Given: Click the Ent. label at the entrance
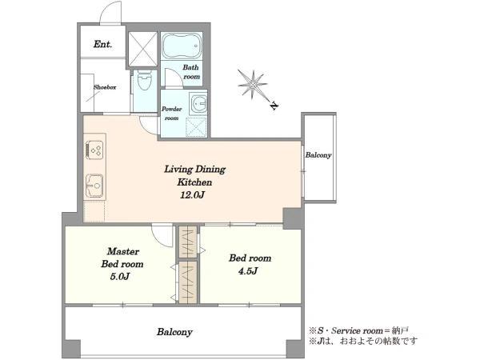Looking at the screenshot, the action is click(x=102, y=44).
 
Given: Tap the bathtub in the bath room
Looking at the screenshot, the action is click(x=182, y=46).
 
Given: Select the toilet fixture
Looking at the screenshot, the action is click(x=144, y=80).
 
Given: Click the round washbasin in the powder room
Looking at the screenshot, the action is click(x=198, y=103).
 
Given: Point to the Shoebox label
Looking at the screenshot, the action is click(x=105, y=87).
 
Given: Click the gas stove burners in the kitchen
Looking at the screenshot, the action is click(x=95, y=150).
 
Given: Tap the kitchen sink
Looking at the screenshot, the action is click(x=94, y=186).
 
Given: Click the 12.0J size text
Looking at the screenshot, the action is click(x=192, y=195).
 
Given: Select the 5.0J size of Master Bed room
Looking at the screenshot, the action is click(x=120, y=277).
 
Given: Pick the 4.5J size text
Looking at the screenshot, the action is click(x=248, y=271).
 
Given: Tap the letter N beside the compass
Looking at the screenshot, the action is click(x=274, y=106).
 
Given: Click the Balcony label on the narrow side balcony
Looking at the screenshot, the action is click(x=318, y=155).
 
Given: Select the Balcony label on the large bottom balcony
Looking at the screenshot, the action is click(x=174, y=332).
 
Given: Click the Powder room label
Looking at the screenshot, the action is click(x=172, y=114).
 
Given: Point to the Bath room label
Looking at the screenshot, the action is click(x=191, y=72).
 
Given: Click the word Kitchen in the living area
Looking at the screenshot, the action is click(x=194, y=182).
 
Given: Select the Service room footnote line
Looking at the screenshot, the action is click(x=358, y=331).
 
